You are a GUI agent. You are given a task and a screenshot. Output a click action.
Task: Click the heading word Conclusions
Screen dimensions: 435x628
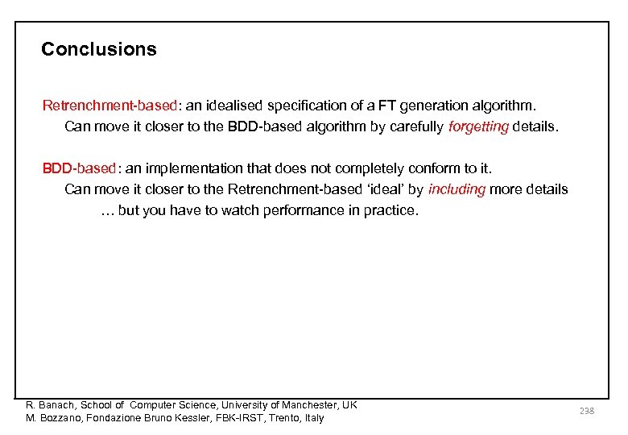pos(99,49)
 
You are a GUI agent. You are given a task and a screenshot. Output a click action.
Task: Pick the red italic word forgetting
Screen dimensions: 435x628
pos(478,127)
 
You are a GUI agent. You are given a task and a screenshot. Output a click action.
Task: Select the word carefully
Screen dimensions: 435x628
pos(415,127)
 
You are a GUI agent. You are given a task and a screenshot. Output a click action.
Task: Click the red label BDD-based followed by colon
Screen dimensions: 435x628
pos(79,168)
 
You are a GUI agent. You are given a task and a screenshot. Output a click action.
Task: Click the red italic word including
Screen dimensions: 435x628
pos(457,190)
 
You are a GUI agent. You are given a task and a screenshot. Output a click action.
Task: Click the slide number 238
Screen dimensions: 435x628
pos(586,412)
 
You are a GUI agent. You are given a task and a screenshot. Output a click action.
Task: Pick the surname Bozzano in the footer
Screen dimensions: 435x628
pos(59,418)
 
